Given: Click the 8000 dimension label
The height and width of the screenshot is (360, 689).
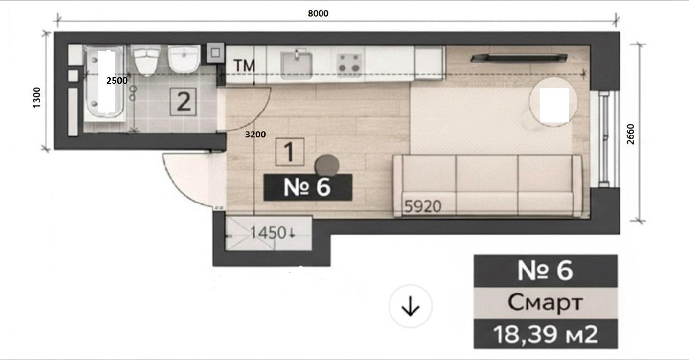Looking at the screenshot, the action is point(318,13).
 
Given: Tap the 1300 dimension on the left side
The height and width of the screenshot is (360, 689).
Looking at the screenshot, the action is point(36,97).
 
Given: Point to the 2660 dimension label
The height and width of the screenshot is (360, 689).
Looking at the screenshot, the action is point(630,134).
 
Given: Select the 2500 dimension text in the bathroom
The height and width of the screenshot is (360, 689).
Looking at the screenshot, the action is point(117,81).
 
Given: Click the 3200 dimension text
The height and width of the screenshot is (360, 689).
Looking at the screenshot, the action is point(255,135).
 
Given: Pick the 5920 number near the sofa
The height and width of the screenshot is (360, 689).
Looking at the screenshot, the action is point(423,206).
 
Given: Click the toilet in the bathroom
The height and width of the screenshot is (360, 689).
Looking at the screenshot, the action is point(147,61).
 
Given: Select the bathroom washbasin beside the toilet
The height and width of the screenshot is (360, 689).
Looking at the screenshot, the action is point(184,59).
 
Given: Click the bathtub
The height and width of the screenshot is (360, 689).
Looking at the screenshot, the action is point(105,83).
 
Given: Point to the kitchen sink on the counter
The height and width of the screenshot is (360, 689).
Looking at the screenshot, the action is point(296,64).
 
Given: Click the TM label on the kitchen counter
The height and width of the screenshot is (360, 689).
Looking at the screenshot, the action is point(244,66).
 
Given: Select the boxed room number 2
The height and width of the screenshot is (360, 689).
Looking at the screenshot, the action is point(184,101).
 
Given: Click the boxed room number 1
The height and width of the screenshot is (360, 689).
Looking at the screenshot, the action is point(290,152).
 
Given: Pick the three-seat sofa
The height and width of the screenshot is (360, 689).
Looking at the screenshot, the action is point(488,185).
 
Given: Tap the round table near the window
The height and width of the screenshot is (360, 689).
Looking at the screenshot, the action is point(553,102).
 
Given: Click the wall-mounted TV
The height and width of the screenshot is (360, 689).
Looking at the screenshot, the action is point(519,58).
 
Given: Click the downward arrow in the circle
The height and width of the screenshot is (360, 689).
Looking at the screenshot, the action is point(411,306).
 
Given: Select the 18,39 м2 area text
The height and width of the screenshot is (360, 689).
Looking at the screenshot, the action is point(546,335).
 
